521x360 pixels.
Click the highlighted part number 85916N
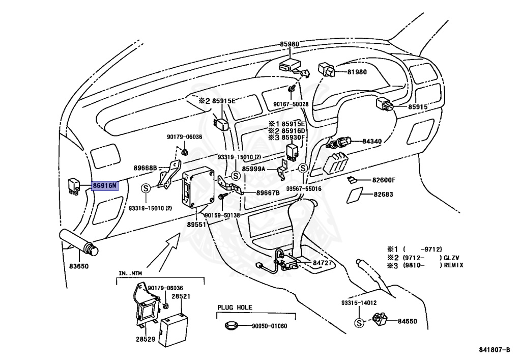click(x=105, y=185)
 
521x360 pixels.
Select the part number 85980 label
click(x=289, y=44)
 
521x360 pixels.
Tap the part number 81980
click(x=357, y=72)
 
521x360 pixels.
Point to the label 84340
click(x=372, y=141)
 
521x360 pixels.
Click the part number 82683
click(x=383, y=194)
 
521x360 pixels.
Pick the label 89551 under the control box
click(x=196, y=225)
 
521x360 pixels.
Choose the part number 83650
click(x=79, y=266)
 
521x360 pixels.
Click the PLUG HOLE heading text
click(x=235, y=308)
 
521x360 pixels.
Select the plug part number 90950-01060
click(x=269, y=326)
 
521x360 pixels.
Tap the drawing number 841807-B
click(x=495, y=350)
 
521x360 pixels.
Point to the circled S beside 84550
click(x=359, y=323)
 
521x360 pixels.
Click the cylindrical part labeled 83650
click(x=78, y=242)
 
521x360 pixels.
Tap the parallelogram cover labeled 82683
click(x=355, y=195)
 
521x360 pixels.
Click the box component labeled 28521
click(x=173, y=329)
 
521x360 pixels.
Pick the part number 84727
click(x=322, y=263)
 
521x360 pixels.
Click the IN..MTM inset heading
click(x=130, y=273)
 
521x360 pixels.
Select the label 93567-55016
click(x=304, y=189)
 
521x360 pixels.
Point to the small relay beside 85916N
click(x=74, y=186)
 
